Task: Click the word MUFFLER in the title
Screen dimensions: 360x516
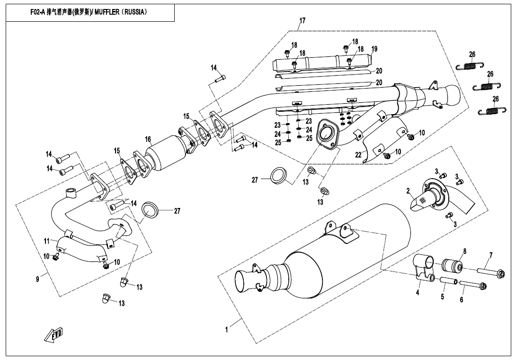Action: tap(107, 12)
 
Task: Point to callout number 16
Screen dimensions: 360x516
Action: tap(148, 139)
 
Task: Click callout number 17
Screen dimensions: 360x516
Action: tap(302, 20)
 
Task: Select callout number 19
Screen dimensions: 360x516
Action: tap(374, 49)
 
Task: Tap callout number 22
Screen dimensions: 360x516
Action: tap(358, 154)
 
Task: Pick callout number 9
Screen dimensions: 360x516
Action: tap(38, 279)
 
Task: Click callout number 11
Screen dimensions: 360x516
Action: tap(47, 241)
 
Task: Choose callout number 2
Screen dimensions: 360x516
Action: tap(408, 191)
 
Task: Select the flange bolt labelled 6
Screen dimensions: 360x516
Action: tap(472, 286)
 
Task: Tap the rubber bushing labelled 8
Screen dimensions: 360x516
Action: tap(454, 266)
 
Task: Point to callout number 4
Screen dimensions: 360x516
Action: tap(418, 293)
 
